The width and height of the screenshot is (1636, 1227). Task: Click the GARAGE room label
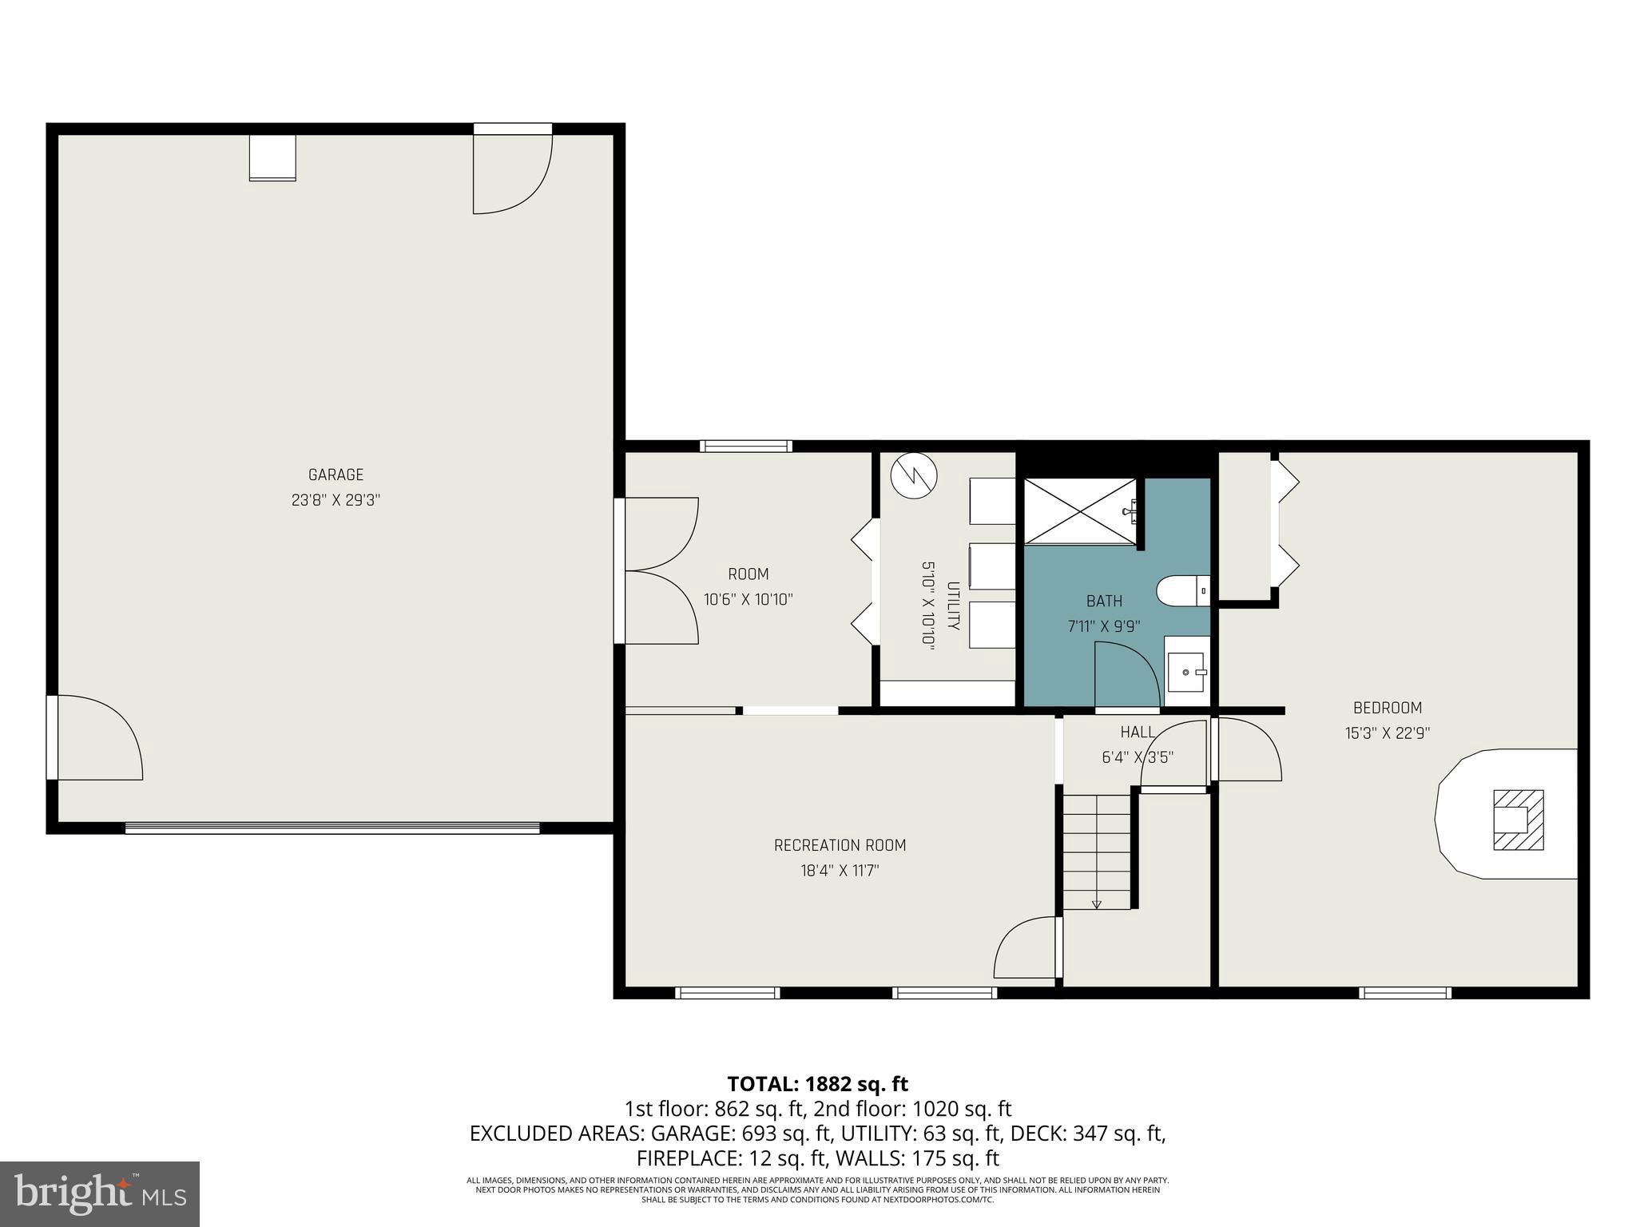coord(336,475)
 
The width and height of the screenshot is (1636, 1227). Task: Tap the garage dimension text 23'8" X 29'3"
coord(336,500)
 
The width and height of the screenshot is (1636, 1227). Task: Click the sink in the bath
coord(1186,672)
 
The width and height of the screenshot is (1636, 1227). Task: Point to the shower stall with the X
coord(1079,511)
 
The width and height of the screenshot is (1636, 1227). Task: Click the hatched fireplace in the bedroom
coord(1518,820)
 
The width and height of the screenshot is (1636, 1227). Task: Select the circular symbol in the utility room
coord(913,476)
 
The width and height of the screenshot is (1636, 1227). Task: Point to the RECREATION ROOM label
coord(840,845)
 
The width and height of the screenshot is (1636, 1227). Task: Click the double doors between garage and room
coord(659,570)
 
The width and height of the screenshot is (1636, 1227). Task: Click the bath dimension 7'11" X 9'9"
coord(1104,626)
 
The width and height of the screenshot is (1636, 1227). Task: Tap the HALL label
coord(1137,732)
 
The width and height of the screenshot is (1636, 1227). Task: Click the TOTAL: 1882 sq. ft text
coord(817,1084)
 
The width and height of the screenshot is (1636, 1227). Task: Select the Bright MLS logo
coord(100,1193)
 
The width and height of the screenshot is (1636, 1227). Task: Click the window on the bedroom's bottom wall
coord(1405,993)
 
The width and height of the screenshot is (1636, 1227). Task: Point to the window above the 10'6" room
coord(746,446)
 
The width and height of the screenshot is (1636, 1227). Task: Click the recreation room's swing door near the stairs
coord(1027,948)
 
